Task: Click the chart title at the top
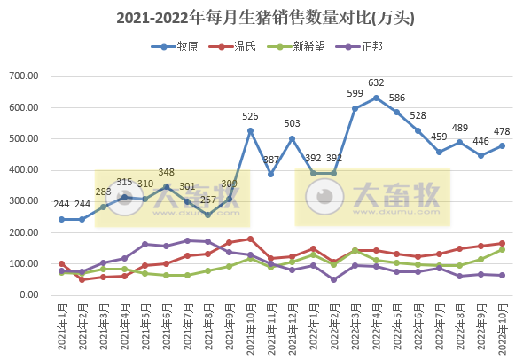[x=265, y=17]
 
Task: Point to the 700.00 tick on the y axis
[x=33, y=76]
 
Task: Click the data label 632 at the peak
[x=376, y=83]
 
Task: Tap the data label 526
[x=250, y=116]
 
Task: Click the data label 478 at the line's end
[x=502, y=132]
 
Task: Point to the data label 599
[x=355, y=94]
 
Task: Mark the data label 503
[x=292, y=123]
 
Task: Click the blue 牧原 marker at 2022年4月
[x=376, y=98]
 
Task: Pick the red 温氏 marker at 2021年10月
[x=250, y=239]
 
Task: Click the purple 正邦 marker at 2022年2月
[x=334, y=279]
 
